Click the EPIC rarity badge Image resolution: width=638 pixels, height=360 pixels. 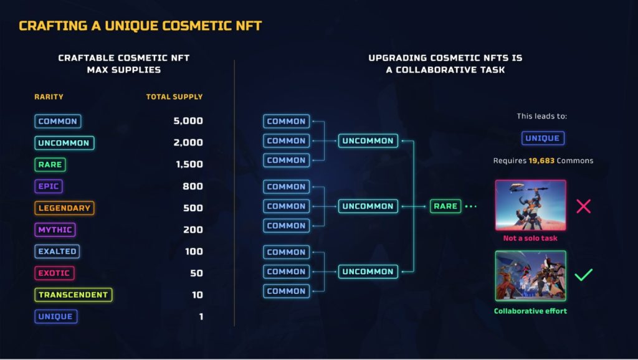49,186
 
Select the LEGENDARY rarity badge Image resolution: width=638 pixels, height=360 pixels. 64,208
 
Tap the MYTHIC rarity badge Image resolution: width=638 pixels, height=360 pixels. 55,230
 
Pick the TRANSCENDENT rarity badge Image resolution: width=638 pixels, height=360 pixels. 74,295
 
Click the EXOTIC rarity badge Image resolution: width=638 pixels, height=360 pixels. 54,273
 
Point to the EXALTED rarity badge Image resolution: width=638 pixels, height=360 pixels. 57,252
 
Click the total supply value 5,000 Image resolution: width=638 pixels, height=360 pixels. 188,121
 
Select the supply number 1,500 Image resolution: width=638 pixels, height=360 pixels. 189,164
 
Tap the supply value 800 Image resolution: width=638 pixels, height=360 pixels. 193,186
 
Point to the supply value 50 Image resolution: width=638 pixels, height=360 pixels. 196,273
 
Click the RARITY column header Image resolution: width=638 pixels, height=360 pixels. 49,97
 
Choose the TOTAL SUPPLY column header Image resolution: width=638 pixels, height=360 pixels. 174,97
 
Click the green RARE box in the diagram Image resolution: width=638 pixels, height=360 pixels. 445,206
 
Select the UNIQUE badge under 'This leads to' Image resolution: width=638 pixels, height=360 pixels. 543,138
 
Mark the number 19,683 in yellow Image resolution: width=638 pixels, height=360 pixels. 541,161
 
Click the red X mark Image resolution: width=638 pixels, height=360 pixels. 583,206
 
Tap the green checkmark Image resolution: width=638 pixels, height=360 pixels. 583,275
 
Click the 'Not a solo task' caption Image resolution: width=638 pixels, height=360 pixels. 530,239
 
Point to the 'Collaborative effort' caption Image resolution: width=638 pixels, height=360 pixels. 530,311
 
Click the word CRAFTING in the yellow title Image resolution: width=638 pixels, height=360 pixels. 53,26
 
